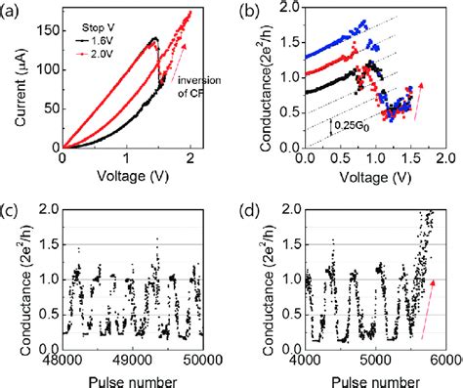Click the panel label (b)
coord(249,12)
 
